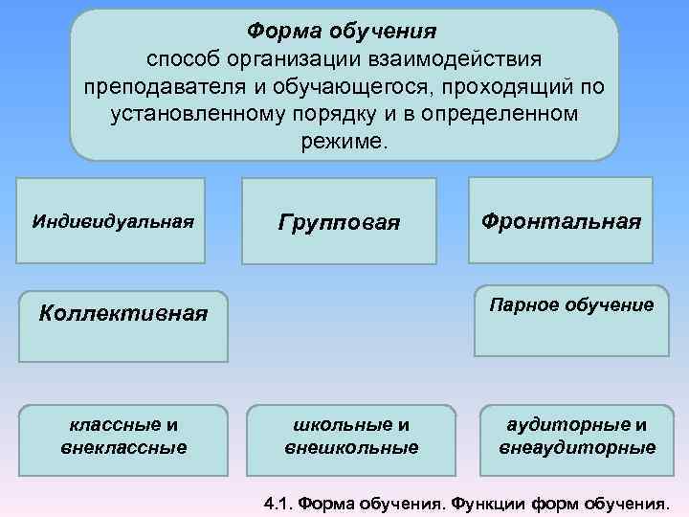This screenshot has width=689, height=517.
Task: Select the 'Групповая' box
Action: [x=339, y=221]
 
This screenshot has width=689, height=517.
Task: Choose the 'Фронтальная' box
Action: [x=561, y=220]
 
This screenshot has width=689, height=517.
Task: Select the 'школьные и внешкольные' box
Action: [x=351, y=435]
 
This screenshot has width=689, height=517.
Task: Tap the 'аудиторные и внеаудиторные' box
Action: [x=576, y=435]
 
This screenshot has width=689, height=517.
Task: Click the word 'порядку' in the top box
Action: [x=321, y=114]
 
